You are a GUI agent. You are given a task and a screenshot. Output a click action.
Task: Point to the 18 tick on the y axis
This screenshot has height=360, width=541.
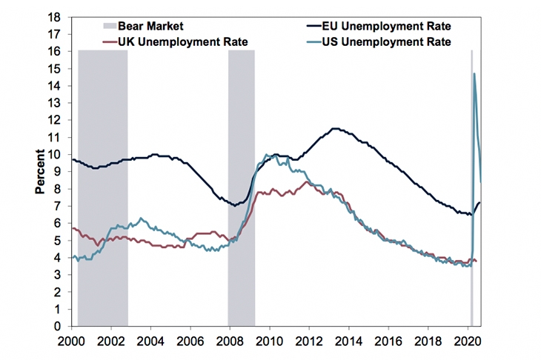(53, 16)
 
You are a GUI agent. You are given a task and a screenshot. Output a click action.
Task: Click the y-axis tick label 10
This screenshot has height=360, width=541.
(53, 154)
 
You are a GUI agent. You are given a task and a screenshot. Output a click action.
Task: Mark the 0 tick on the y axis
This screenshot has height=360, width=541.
(56, 327)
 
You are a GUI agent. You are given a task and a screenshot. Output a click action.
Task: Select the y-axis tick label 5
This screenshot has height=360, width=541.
(56, 241)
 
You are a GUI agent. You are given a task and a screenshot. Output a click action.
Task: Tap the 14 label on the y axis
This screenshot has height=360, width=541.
(53, 85)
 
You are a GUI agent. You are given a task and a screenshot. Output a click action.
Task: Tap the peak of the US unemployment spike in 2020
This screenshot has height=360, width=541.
(474, 73)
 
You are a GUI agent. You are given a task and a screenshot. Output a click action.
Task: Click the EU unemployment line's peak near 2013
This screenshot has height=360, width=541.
(335, 128)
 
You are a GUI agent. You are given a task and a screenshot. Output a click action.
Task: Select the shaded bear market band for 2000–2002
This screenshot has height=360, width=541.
(102, 185)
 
